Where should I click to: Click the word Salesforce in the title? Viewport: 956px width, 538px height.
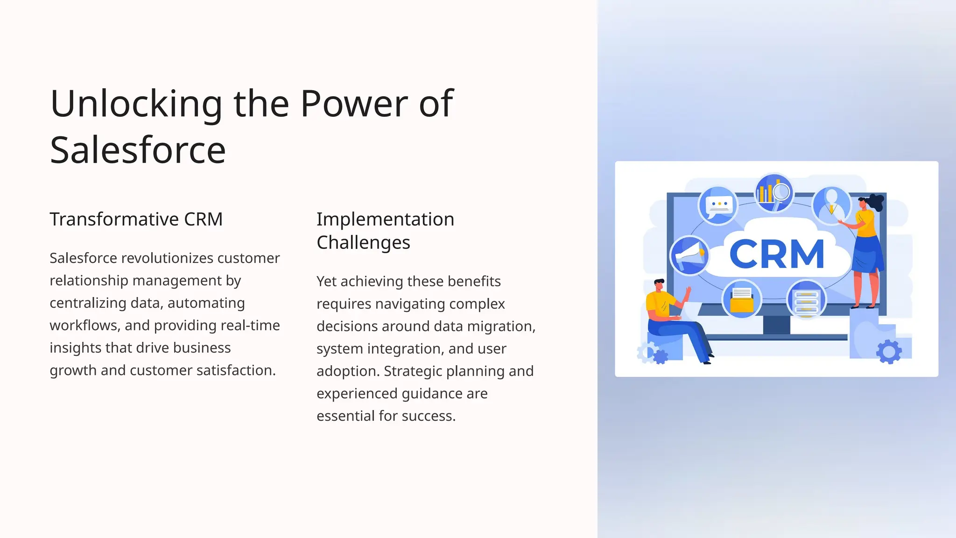138,150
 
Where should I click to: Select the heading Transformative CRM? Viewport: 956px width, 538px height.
136,219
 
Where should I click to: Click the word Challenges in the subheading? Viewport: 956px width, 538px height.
363,242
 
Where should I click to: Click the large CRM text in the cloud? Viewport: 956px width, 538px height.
777,254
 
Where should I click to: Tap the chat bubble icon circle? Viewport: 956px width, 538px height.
718,205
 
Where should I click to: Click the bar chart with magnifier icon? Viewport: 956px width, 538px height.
774,191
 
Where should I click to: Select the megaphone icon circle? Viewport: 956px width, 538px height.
689,255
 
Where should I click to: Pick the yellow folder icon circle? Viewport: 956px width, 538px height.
742,299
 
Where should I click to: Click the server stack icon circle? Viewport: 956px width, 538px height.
806,299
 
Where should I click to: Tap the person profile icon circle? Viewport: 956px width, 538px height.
831,204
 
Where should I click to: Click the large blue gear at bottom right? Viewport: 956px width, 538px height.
889,352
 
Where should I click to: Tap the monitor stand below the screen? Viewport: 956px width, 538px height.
776,325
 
